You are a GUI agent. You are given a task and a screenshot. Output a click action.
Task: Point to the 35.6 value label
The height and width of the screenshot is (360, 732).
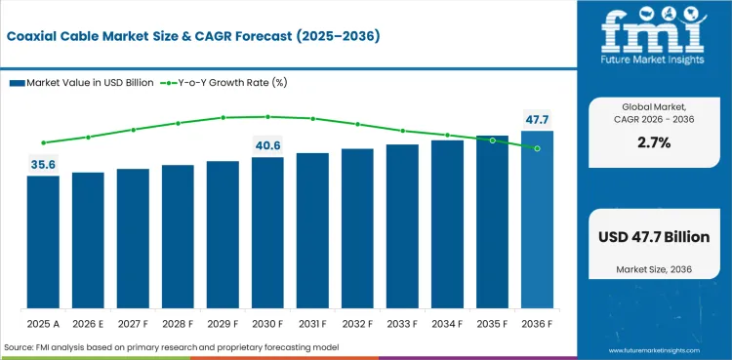[43, 165]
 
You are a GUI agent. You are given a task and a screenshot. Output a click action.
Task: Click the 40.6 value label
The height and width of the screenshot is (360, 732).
[267, 145]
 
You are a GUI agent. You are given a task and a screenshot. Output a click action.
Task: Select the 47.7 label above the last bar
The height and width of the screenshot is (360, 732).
[537, 119]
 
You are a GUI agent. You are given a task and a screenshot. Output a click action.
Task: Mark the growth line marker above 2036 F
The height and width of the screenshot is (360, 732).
[537, 148]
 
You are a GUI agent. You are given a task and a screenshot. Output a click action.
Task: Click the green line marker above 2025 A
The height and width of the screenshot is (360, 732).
[43, 142]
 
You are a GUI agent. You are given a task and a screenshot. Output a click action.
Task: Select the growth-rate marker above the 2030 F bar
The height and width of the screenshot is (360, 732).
[267, 116]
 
